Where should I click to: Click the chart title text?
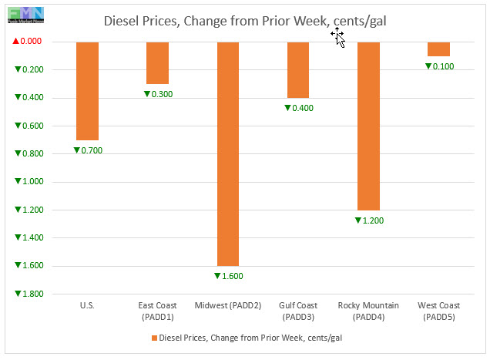coord(245,21)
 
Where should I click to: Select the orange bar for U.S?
coord(87,90)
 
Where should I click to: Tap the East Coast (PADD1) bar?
coord(157,62)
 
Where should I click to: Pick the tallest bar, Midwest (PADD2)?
coord(228,153)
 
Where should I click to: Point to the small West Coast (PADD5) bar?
coord(438,49)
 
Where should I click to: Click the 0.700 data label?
coord(87,150)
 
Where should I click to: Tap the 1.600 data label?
coord(228,276)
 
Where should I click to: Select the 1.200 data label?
coord(368,220)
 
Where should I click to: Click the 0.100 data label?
coord(439,66)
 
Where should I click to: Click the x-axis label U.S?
coord(87,306)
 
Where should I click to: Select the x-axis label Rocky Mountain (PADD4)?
coord(368,311)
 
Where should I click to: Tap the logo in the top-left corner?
coord(24,14)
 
